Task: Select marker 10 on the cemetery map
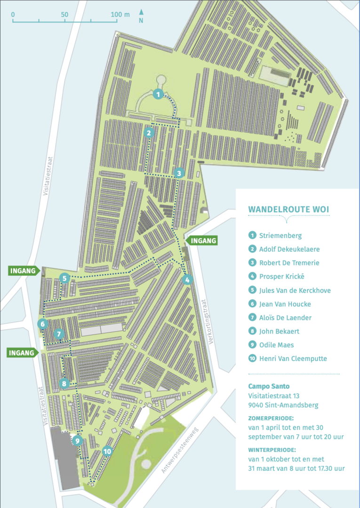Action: click(x=108, y=451)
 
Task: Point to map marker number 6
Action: click(x=43, y=324)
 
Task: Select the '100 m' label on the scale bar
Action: click(x=120, y=15)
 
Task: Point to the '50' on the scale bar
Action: click(x=64, y=15)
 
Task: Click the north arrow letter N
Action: click(x=141, y=21)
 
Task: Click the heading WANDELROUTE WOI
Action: click(x=288, y=209)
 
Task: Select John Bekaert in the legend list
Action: click(x=279, y=331)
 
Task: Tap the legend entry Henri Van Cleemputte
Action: click(x=293, y=358)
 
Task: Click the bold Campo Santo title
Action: click(x=269, y=386)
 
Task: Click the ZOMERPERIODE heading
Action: click(x=271, y=418)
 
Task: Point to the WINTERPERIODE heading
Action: click(x=272, y=449)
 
